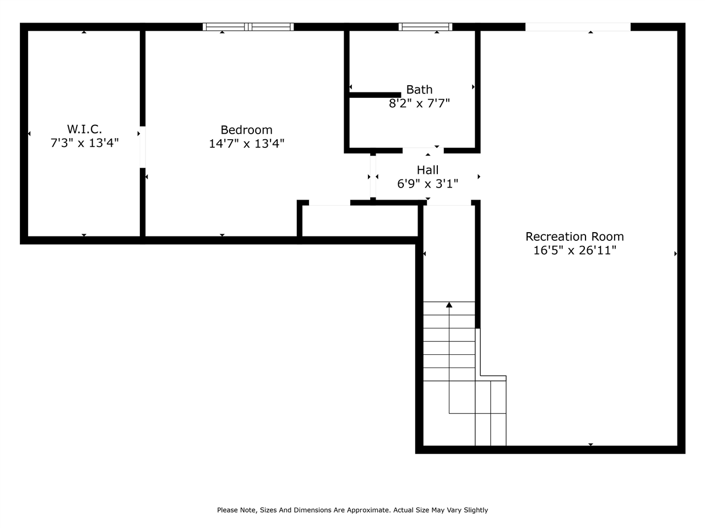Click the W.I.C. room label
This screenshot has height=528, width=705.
pos(84,129)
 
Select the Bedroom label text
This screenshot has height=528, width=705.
pos(246,130)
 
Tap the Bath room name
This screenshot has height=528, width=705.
pos(419,90)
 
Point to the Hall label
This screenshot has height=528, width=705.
pos(427,170)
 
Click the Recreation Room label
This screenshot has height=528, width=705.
pos(574,237)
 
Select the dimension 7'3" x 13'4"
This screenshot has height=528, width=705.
pos(84,143)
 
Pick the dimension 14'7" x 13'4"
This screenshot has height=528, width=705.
pos(246,144)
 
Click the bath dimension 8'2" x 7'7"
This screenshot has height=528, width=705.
pos(419,103)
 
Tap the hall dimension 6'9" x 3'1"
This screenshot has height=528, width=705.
pos(427,184)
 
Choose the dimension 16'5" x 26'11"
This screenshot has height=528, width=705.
pos(574,250)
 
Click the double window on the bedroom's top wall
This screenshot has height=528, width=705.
pos(248,26)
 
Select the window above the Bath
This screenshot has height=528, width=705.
pos(425,26)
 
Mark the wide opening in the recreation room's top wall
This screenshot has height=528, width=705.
pos(577,26)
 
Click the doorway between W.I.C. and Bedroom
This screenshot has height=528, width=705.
pos(142,147)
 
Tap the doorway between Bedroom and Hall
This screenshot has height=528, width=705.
pos(373,176)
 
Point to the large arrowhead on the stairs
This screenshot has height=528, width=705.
pos(449,305)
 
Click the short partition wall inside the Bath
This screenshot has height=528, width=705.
pos(375,95)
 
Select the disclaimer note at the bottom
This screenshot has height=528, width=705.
pos(352,510)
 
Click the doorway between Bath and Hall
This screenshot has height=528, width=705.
pos(423,150)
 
